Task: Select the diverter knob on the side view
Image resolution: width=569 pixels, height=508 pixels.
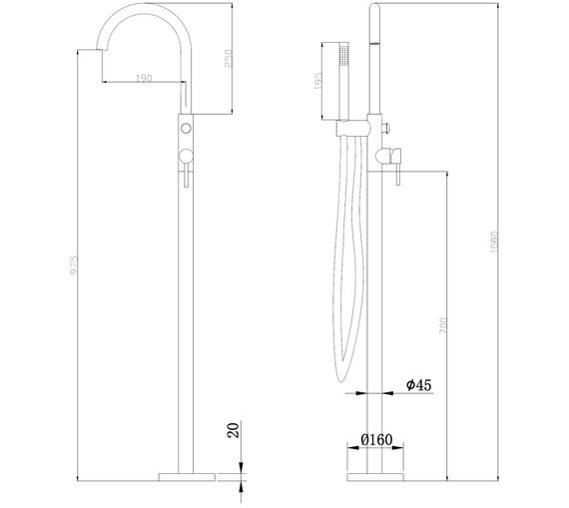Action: [388, 126]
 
